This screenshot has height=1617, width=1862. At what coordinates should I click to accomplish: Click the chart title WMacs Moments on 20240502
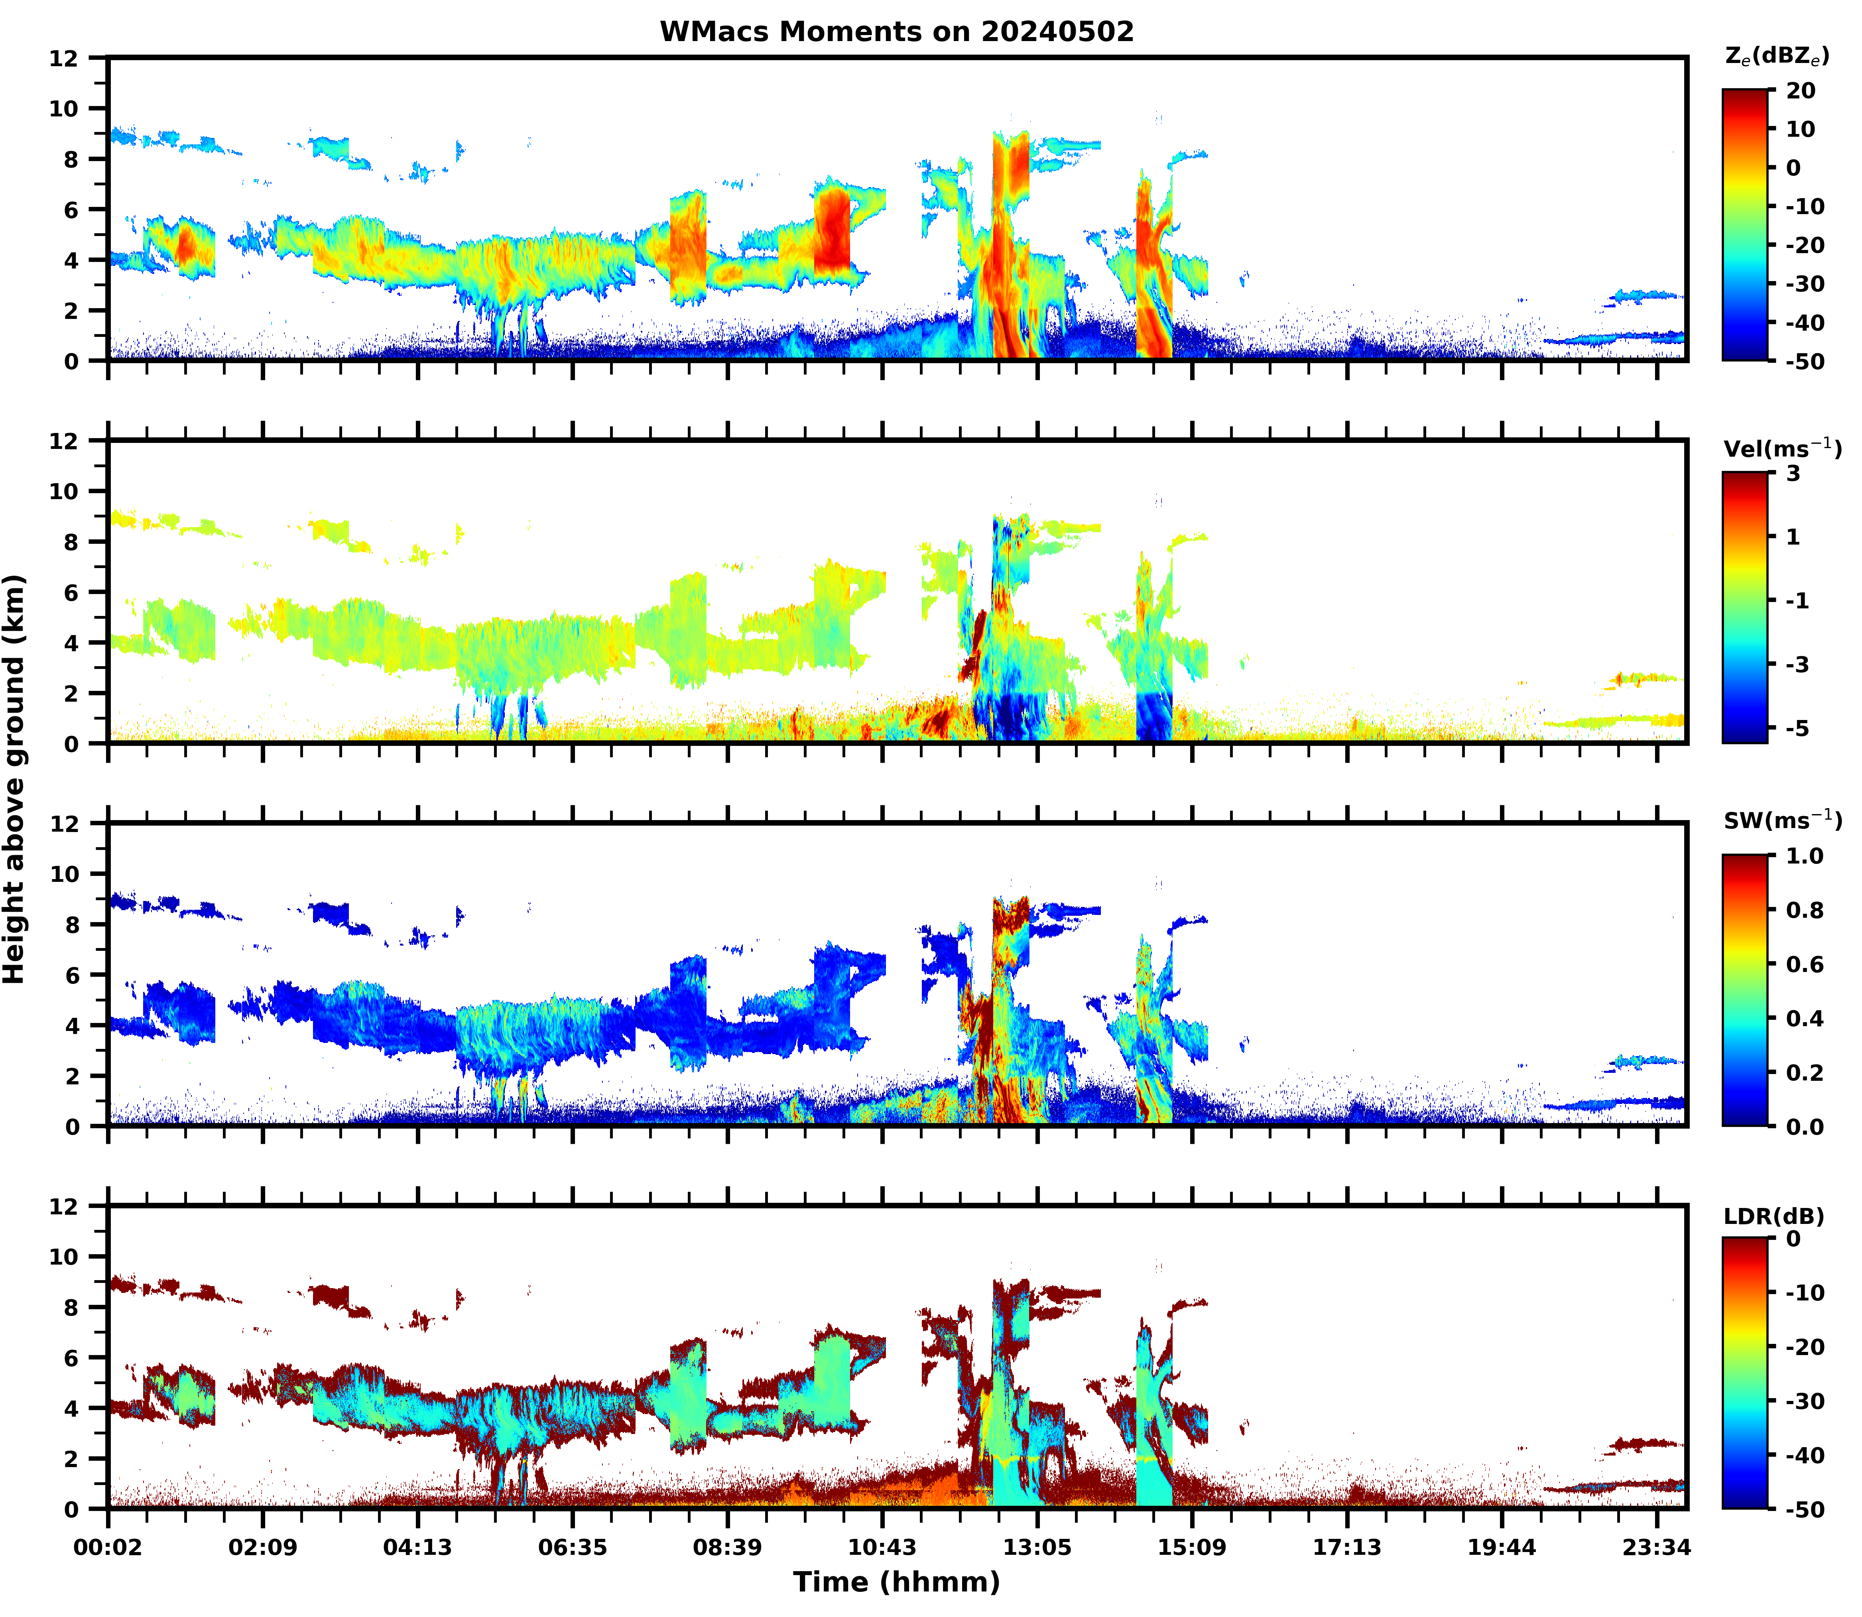click(896, 31)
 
